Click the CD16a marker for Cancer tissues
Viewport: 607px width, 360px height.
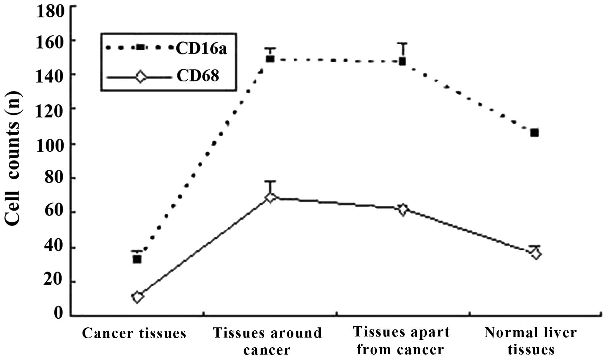coord(137,259)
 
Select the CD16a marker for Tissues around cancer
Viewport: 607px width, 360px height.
coord(270,59)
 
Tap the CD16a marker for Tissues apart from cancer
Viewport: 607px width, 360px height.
coord(402,61)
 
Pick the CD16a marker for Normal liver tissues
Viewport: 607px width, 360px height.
coord(534,133)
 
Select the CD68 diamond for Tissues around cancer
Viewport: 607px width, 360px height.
coord(270,197)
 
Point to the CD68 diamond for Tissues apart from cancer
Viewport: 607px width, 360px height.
coord(402,210)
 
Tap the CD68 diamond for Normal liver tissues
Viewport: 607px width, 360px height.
coord(536,254)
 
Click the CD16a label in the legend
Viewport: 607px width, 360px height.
coord(201,49)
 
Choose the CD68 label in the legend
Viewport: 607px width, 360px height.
coord(198,76)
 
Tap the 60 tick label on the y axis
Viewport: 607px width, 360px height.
coord(54,212)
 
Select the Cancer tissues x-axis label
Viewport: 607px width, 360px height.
coord(134,333)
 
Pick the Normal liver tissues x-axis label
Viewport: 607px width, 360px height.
coord(530,341)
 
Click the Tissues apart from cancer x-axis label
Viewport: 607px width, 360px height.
coord(401,341)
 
